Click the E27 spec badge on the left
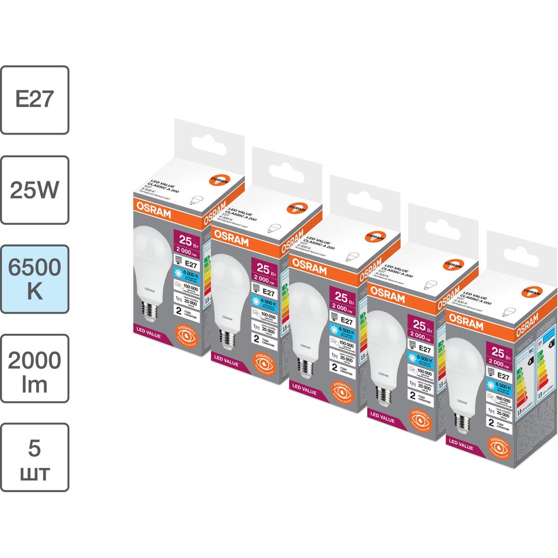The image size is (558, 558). [x=35, y=100]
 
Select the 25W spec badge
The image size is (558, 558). [x=35, y=189]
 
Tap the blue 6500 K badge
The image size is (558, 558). [x=35, y=278]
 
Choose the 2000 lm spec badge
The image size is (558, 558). [x=35, y=368]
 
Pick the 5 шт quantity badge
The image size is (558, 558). [x=35, y=457]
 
